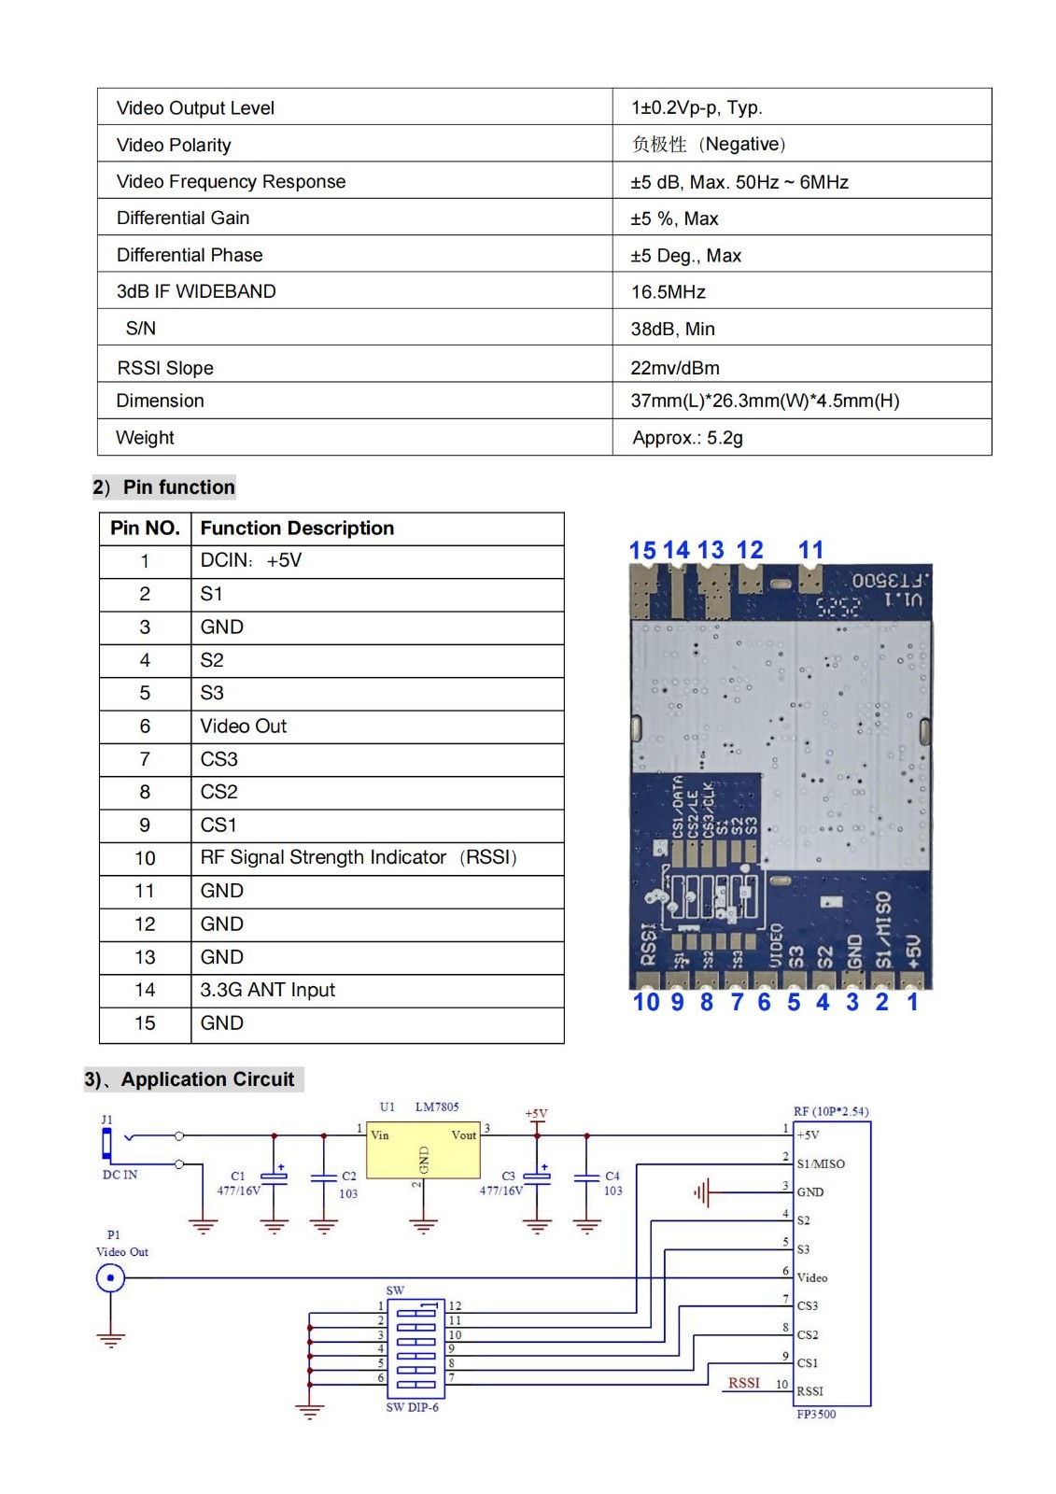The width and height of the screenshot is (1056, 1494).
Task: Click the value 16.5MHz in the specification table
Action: point(669,292)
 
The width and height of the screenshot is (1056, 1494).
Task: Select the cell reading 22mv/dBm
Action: point(675,368)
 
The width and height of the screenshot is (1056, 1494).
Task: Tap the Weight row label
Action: point(145,438)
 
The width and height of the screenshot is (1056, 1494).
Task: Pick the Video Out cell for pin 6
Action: point(244,726)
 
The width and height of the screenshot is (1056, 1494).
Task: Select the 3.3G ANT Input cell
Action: point(267,990)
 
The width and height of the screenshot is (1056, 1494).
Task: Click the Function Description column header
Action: point(297,529)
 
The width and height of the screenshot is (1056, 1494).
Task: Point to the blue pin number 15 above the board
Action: point(642,551)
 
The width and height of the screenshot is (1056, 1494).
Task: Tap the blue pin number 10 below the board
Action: point(645,1003)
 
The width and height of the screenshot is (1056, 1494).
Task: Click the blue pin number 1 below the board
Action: point(912,1003)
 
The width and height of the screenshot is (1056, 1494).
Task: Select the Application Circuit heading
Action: point(206,1080)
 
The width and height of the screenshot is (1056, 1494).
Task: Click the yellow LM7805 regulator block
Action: point(423,1150)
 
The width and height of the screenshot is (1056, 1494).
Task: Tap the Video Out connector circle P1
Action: point(110,1277)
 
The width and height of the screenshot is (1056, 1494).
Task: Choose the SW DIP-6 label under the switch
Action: point(412,1407)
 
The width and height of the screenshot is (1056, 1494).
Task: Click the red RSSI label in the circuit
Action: point(744,1383)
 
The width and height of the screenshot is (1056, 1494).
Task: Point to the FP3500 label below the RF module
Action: point(816,1415)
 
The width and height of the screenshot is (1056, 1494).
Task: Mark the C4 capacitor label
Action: point(612,1177)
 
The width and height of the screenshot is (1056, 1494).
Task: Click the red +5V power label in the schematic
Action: point(536,1114)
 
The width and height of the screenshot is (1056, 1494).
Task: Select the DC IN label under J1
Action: point(120,1175)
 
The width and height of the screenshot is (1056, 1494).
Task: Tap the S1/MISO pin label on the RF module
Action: point(821,1164)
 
